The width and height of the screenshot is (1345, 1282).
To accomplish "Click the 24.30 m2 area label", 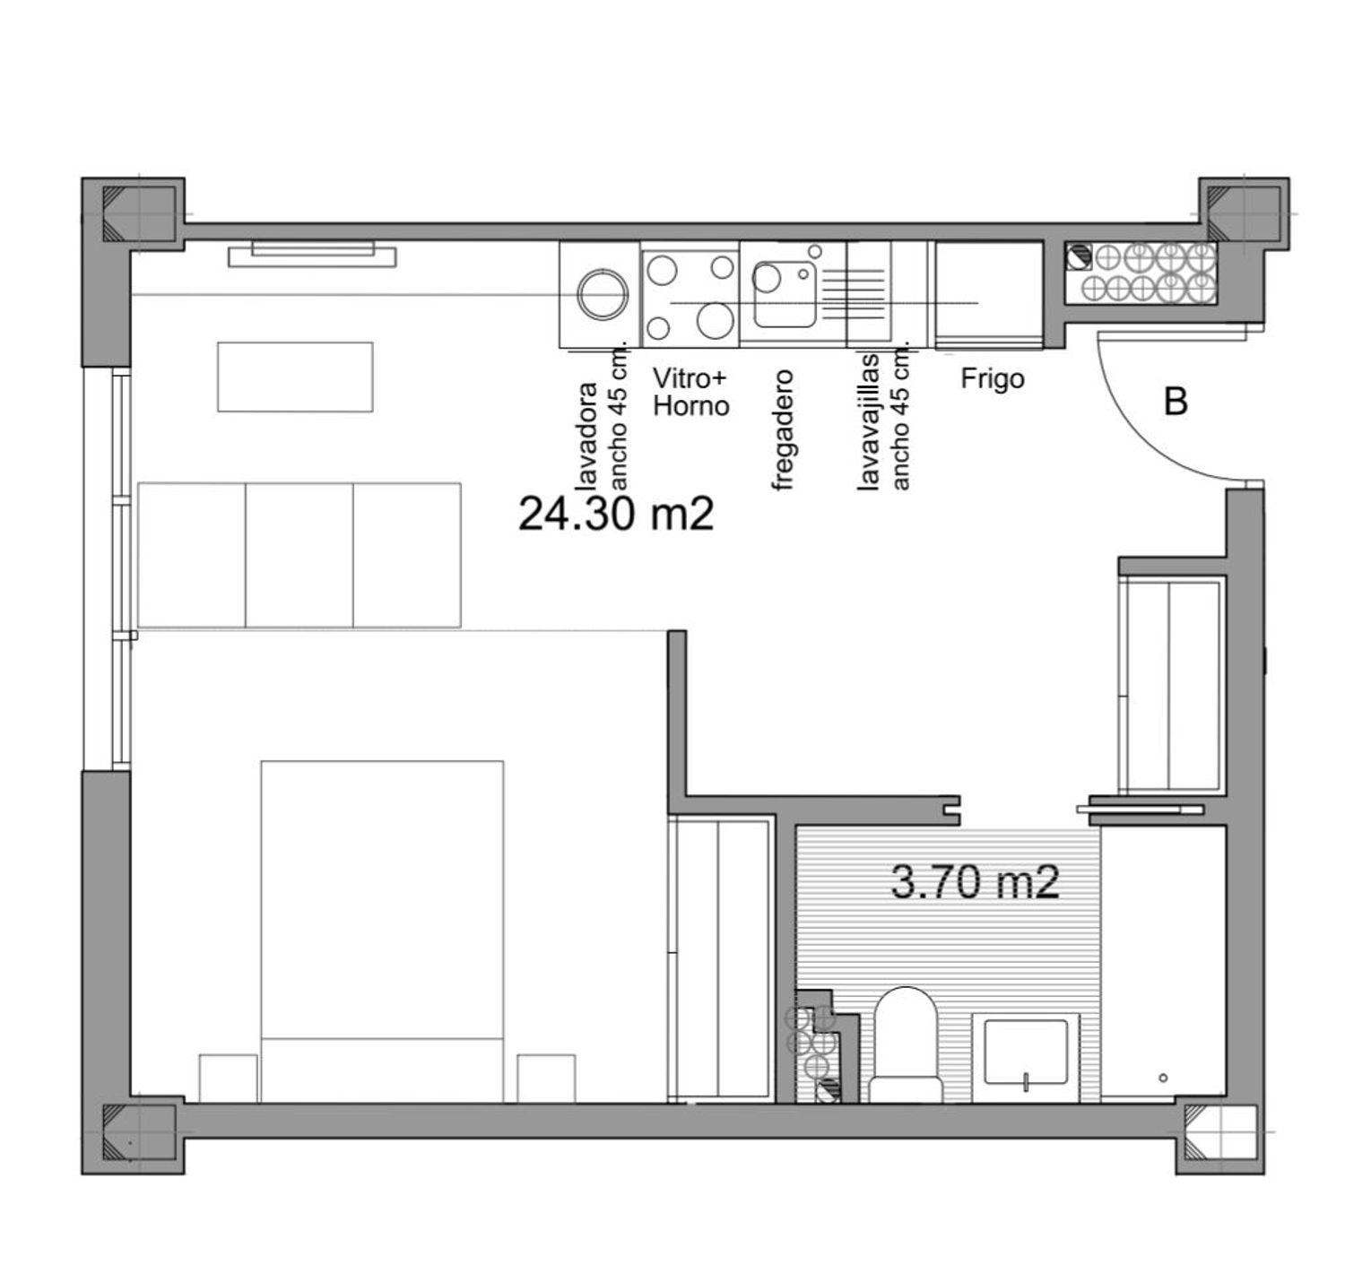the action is (x=616, y=514).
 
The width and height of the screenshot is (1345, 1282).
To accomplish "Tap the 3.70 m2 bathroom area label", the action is (x=974, y=882).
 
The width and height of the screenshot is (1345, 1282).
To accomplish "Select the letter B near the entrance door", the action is (x=1176, y=402).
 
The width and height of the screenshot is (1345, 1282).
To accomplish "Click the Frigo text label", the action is (x=992, y=378).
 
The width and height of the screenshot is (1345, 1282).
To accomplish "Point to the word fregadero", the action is (x=784, y=429).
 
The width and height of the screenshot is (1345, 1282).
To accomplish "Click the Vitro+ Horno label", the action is (x=690, y=392).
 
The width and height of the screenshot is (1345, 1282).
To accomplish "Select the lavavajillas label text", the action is (x=867, y=421).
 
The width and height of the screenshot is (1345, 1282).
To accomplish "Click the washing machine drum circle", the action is (x=602, y=294).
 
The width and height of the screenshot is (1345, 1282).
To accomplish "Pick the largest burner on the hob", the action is (x=716, y=319).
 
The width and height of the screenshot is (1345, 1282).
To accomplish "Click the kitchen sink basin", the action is (x=785, y=294).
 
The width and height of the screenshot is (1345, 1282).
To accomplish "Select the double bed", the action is (x=383, y=931).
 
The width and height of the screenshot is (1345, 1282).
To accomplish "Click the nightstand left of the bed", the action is (x=229, y=1078).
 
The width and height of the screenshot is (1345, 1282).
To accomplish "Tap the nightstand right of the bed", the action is (x=546, y=1078).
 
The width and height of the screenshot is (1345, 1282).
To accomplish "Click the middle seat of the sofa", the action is (x=299, y=555).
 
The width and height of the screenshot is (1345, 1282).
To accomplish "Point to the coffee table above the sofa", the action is (x=295, y=377).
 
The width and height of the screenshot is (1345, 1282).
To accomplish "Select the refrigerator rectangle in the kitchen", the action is (x=988, y=295).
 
